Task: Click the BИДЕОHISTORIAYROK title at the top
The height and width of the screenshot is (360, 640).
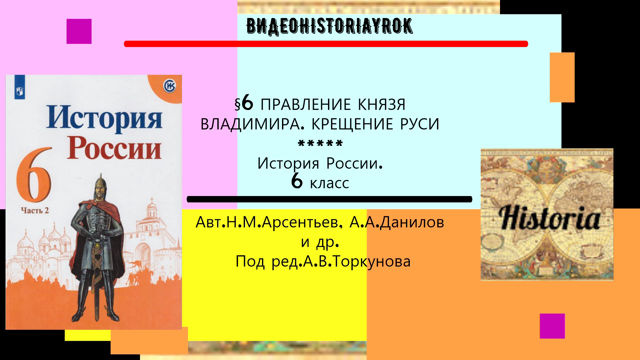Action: (x=329, y=26)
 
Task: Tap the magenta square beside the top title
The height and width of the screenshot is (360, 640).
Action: (x=79, y=31)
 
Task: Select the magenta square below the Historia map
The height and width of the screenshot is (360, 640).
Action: (x=552, y=326)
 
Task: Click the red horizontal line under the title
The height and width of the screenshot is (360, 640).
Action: (x=326, y=44)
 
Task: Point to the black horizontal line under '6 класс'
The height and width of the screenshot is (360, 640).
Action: (x=329, y=199)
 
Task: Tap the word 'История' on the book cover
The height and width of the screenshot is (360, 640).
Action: (x=104, y=118)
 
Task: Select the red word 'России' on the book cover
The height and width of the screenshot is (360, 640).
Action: (x=114, y=148)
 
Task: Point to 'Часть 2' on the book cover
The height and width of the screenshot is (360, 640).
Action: (x=35, y=210)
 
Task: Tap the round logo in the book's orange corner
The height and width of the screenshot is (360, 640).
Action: (x=169, y=86)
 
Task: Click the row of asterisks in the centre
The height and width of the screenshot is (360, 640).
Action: (x=320, y=144)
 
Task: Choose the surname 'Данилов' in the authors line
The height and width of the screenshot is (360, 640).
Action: (x=412, y=222)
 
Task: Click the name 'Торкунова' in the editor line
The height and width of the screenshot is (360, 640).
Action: (x=372, y=261)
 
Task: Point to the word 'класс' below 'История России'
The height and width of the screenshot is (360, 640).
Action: (x=329, y=183)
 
